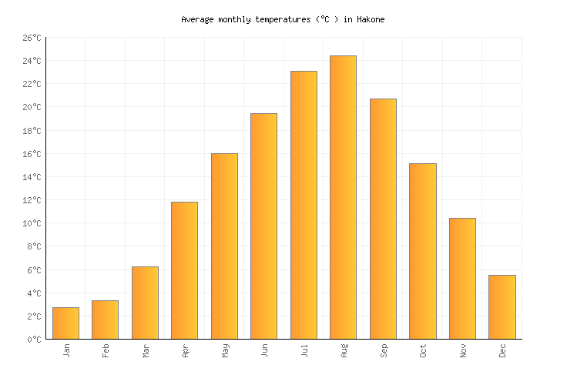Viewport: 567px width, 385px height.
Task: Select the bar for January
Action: pos(65,323)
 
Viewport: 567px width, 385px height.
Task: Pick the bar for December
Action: pos(502,307)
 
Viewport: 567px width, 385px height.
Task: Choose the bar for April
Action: pos(184,270)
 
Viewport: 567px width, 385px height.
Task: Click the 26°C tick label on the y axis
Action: pos(32,38)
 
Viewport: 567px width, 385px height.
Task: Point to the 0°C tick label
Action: pos(34,340)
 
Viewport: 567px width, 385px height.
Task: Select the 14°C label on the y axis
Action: pos(32,177)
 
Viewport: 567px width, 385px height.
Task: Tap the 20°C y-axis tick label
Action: pos(32,108)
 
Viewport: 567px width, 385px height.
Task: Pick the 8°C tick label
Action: pos(34,247)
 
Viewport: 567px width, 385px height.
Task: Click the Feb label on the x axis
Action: pos(106,350)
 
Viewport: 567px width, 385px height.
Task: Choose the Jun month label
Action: pos(264,350)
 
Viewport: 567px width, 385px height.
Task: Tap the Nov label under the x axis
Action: pos(462,350)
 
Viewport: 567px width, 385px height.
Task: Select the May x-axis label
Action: pos(224,350)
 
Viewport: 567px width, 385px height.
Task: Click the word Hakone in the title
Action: pos(370,19)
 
